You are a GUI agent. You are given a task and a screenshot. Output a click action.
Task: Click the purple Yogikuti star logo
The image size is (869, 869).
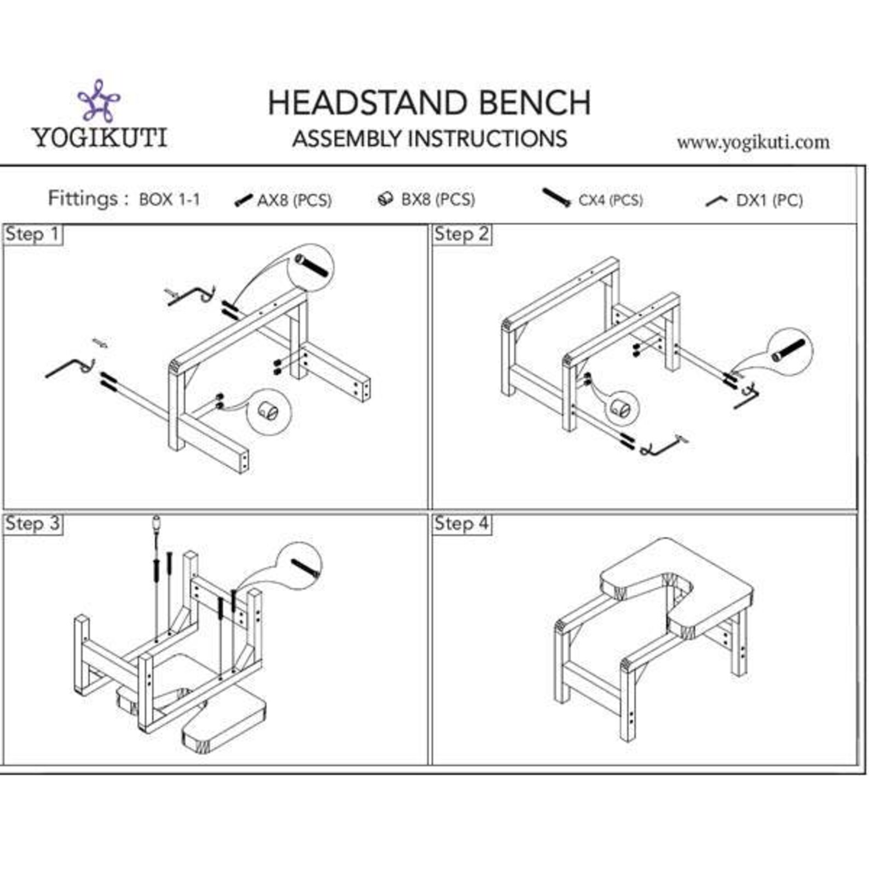coord(99,101)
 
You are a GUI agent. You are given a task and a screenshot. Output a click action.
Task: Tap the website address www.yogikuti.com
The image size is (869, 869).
coord(753,142)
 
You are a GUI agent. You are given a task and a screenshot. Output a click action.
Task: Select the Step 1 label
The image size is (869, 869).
coord(32,234)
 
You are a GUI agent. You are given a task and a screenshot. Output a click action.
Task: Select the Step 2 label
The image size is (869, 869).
coord(461,234)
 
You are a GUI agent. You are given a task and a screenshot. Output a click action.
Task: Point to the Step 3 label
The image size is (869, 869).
coord(32,524)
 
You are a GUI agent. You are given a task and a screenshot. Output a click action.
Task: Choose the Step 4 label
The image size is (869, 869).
coord(461,524)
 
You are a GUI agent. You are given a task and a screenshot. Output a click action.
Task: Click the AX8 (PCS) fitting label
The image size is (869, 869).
coord(294,200)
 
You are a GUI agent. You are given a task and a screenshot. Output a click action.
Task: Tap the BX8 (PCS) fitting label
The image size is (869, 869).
coord(438,199)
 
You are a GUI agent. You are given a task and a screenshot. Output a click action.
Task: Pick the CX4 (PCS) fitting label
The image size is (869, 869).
coord(610,200)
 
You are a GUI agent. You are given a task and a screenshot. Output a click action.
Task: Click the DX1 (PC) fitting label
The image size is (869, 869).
coord(769,200)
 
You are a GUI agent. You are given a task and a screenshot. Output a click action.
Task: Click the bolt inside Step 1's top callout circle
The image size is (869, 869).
coord(312,265)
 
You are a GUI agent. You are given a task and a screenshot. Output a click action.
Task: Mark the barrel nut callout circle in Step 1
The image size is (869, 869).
coord(269,411)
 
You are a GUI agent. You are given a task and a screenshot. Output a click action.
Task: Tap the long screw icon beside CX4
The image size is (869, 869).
coord(557,198)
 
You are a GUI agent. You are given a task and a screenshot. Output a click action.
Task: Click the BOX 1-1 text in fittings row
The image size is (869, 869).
coord(169,199)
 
